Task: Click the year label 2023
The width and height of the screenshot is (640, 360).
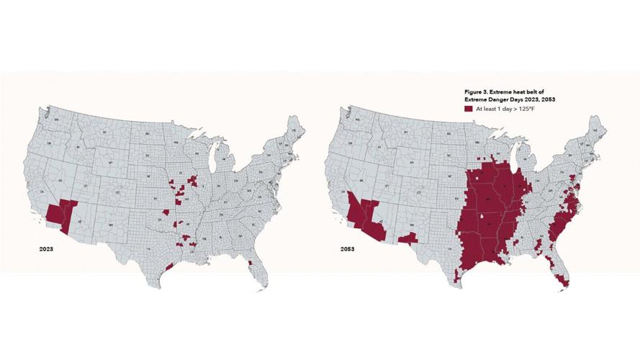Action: [x=45, y=248]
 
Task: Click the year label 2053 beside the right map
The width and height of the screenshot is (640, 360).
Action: [x=347, y=248]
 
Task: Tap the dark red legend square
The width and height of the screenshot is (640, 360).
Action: [x=469, y=109]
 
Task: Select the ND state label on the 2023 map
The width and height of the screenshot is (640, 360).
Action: [x=147, y=133]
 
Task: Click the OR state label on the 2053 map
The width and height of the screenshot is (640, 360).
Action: [x=345, y=143]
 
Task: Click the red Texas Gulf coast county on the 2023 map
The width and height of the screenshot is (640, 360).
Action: [x=170, y=266]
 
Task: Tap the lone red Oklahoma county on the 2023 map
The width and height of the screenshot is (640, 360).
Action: [x=166, y=213]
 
